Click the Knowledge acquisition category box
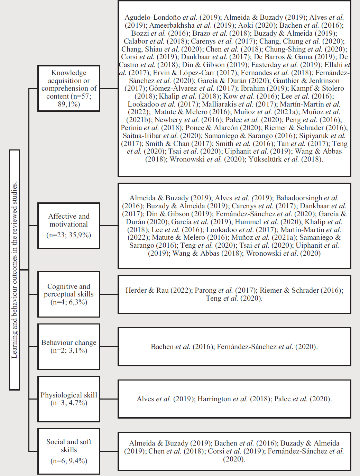pos(69,88)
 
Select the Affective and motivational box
pos(69,226)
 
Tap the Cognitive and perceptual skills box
pos(69,294)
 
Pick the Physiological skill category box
pos(69,399)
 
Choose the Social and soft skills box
pos(69,451)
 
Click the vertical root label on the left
pos(15,270)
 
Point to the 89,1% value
pos(69,104)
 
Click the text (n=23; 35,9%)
pos(69,235)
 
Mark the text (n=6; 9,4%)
pos(69,461)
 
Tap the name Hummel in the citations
pos(248,222)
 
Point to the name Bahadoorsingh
pos(299,198)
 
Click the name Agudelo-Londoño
pos(153,17)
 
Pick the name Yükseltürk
pos(265,159)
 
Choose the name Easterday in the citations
pos(266,65)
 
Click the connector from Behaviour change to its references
pos(109,347)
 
